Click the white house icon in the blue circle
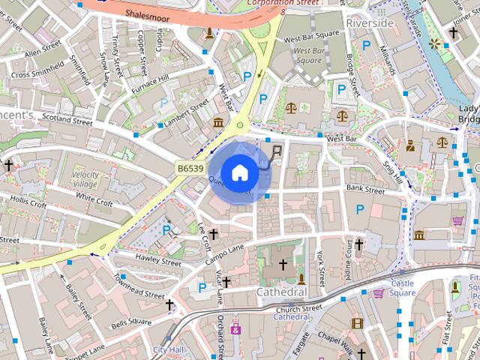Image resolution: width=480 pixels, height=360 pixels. (x=239, y=173)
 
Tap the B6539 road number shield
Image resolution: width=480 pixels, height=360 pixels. (x=190, y=169)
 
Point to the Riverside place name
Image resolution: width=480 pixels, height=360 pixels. (x=370, y=23)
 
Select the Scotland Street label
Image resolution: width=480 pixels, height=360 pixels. (x=67, y=118)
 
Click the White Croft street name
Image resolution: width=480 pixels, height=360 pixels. (x=94, y=199)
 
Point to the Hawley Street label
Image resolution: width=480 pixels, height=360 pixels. (x=158, y=261)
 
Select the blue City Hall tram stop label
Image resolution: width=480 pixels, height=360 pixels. (x=168, y=349)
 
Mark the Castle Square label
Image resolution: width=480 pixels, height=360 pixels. (x=403, y=288)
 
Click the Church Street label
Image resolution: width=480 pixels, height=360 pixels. (x=298, y=307)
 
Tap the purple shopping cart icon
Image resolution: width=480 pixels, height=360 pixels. (x=457, y=220)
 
